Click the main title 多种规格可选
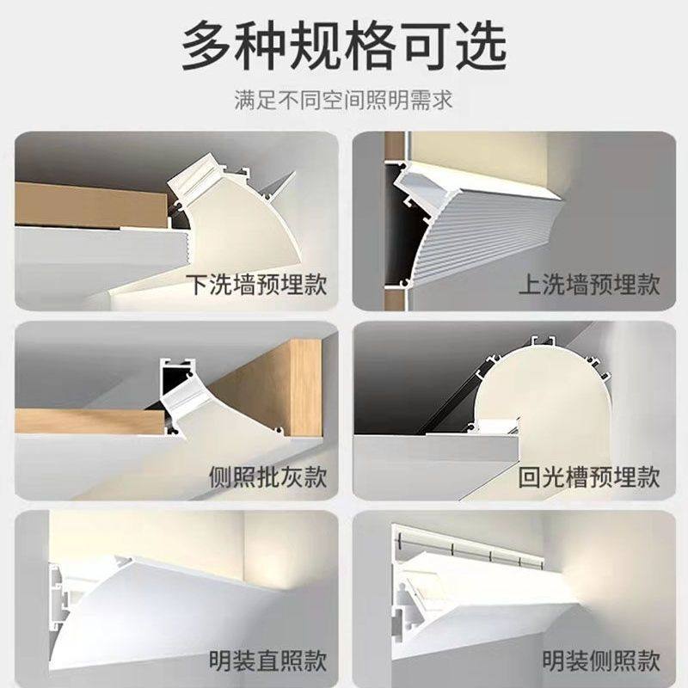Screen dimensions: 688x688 coord(344,47)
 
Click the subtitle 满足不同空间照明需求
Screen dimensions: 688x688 coord(344,101)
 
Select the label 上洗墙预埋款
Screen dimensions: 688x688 coord(589,285)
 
